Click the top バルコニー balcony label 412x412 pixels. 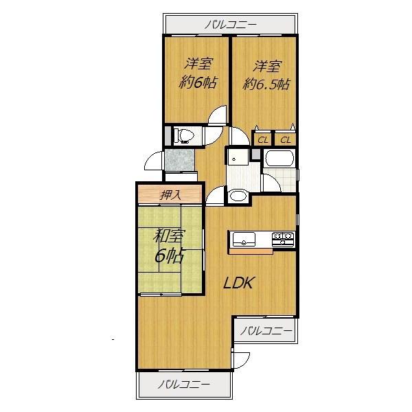(230, 25)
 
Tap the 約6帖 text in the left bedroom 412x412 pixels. (198, 83)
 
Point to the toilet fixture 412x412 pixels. (183, 136)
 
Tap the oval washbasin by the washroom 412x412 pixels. (238, 196)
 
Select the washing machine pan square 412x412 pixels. (238, 159)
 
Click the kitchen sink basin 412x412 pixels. (244, 239)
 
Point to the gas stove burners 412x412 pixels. (284, 239)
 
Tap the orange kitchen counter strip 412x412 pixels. (251, 250)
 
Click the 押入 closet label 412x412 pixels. (170, 194)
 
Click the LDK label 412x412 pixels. (240, 282)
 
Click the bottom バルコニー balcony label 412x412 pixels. (184, 384)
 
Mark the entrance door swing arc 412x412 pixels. (152, 163)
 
